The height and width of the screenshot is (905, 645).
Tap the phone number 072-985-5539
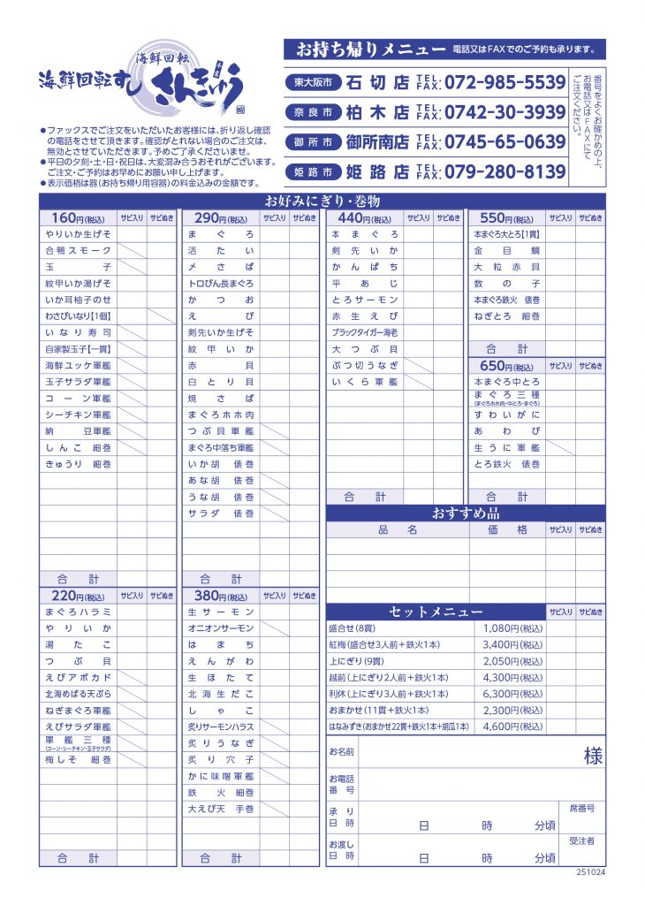tap(504, 82)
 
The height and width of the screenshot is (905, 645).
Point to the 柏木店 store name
tap(377, 112)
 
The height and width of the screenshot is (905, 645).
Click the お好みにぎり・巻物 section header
tap(322, 202)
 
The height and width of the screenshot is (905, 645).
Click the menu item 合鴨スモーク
tap(78, 251)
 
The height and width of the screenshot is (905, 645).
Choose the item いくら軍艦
tap(365, 382)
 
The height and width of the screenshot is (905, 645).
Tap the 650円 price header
tap(508, 366)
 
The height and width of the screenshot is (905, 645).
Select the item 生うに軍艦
tap(507, 447)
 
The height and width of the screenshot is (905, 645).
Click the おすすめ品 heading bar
tap(466, 513)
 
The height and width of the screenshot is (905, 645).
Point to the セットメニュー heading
tap(436, 612)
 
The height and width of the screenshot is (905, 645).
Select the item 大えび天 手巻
tap(221, 809)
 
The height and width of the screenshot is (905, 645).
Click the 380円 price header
tap(222, 596)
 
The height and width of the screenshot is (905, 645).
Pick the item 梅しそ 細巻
tap(78, 759)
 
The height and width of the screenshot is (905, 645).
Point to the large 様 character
tap(593, 757)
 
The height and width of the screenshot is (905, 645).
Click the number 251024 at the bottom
tap(590, 871)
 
